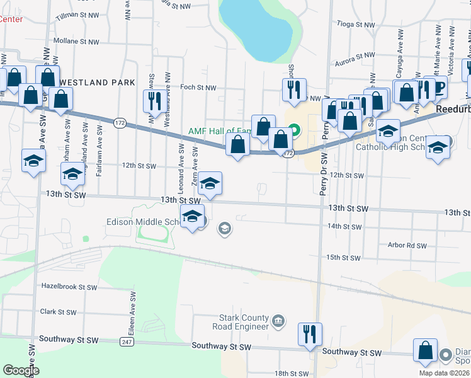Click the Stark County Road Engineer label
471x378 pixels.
point(244,323)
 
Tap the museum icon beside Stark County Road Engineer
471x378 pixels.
point(278,323)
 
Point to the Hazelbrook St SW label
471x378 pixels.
point(69,287)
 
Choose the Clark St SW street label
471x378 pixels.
point(58,312)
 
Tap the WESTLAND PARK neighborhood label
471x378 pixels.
point(98,83)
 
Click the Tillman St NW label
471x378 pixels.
point(79,14)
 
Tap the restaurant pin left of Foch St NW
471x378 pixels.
point(153,101)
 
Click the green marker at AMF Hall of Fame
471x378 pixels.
point(294,132)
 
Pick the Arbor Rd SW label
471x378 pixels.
point(407,246)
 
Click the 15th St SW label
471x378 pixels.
point(343,258)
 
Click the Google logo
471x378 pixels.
point(21,370)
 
